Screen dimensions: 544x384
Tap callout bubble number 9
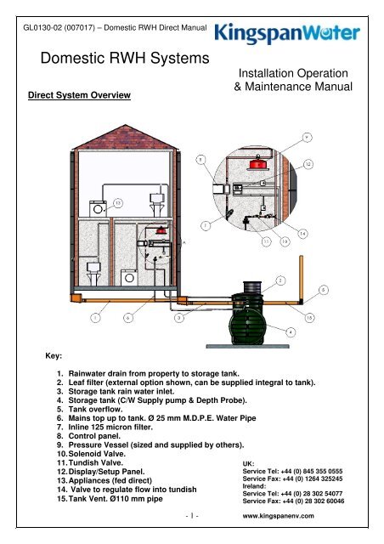coord(307,136)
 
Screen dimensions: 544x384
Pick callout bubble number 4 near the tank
coord(291,331)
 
